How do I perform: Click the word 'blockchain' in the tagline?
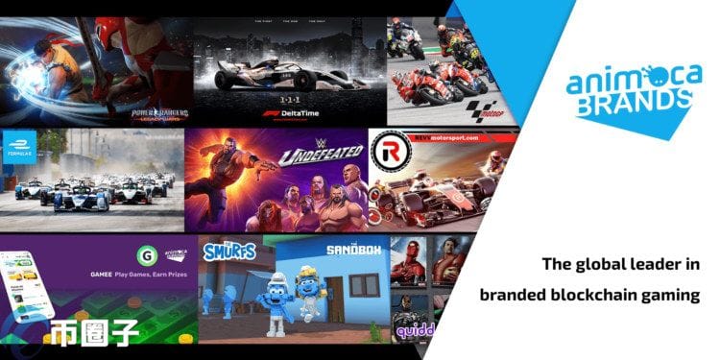tap(599, 295)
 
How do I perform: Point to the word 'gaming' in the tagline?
tap(673, 296)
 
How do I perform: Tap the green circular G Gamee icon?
tap(148, 255)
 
